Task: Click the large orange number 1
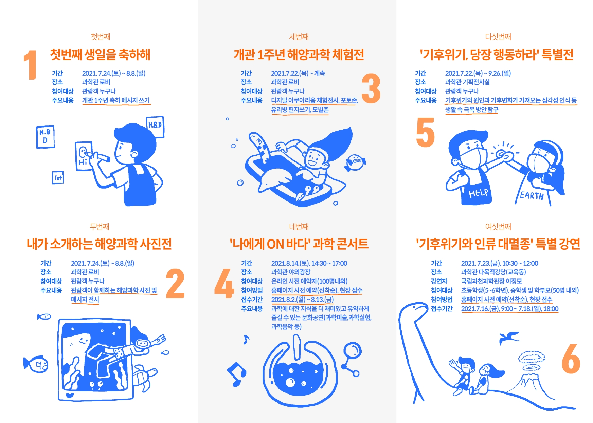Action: (x=31, y=65)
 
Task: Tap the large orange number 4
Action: (x=224, y=283)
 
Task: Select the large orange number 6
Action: (x=571, y=359)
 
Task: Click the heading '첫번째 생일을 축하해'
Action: (x=100, y=55)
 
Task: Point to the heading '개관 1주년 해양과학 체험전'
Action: (x=299, y=55)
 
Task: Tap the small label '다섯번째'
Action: (x=498, y=37)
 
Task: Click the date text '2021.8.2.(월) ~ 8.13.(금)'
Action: (x=302, y=300)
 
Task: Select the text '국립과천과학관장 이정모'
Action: (x=491, y=281)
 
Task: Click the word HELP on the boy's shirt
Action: (x=478, y=193)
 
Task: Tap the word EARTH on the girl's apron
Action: (x=532, y=195)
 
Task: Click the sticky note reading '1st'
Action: (x=58, y=177)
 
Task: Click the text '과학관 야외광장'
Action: (x=291, y=272)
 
